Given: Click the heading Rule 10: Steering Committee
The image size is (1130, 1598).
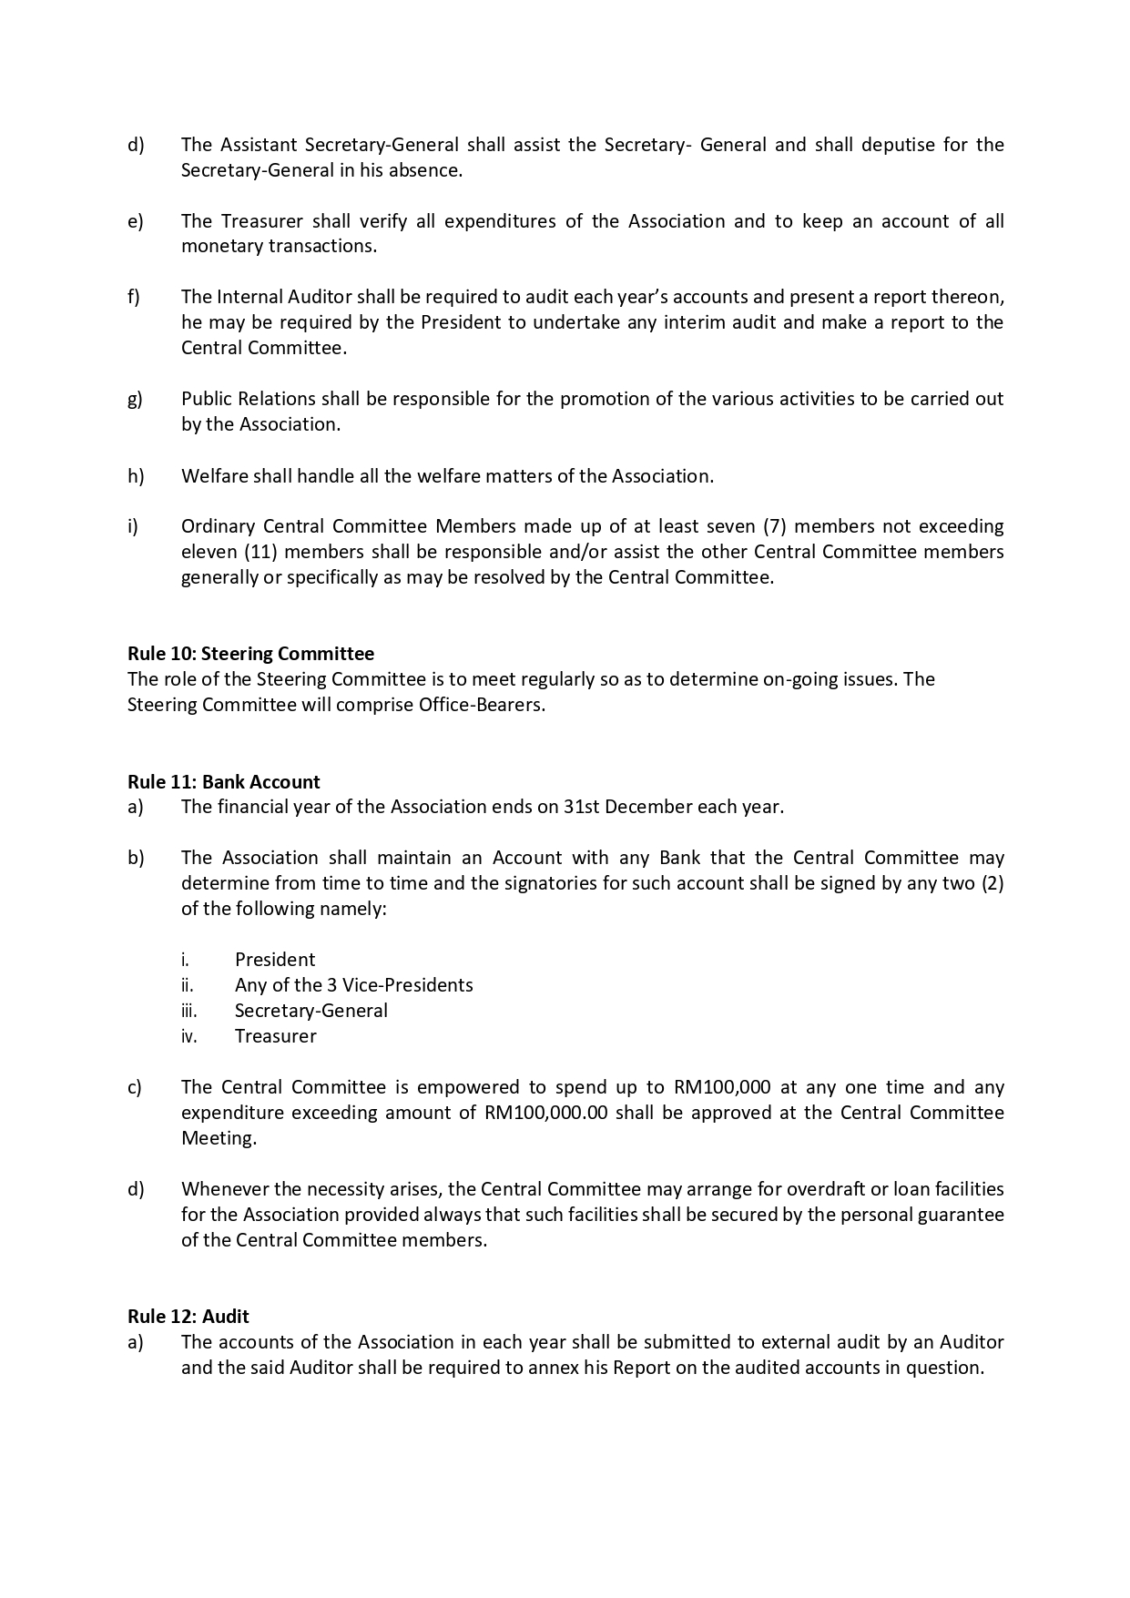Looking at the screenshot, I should point(250,654).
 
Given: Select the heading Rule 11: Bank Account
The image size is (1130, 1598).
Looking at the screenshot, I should point(224,782).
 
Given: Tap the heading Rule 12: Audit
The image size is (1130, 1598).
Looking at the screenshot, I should point(188,1317).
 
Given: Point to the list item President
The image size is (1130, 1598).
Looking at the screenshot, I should point(275,960).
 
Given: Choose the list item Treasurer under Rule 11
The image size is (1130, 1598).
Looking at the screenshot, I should point(276,1036).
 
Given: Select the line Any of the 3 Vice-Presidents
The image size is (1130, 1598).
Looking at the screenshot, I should point(353,985).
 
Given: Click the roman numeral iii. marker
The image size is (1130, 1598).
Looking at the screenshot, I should point(188,1011).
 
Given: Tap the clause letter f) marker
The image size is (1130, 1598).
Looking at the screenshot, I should point(134,297).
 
